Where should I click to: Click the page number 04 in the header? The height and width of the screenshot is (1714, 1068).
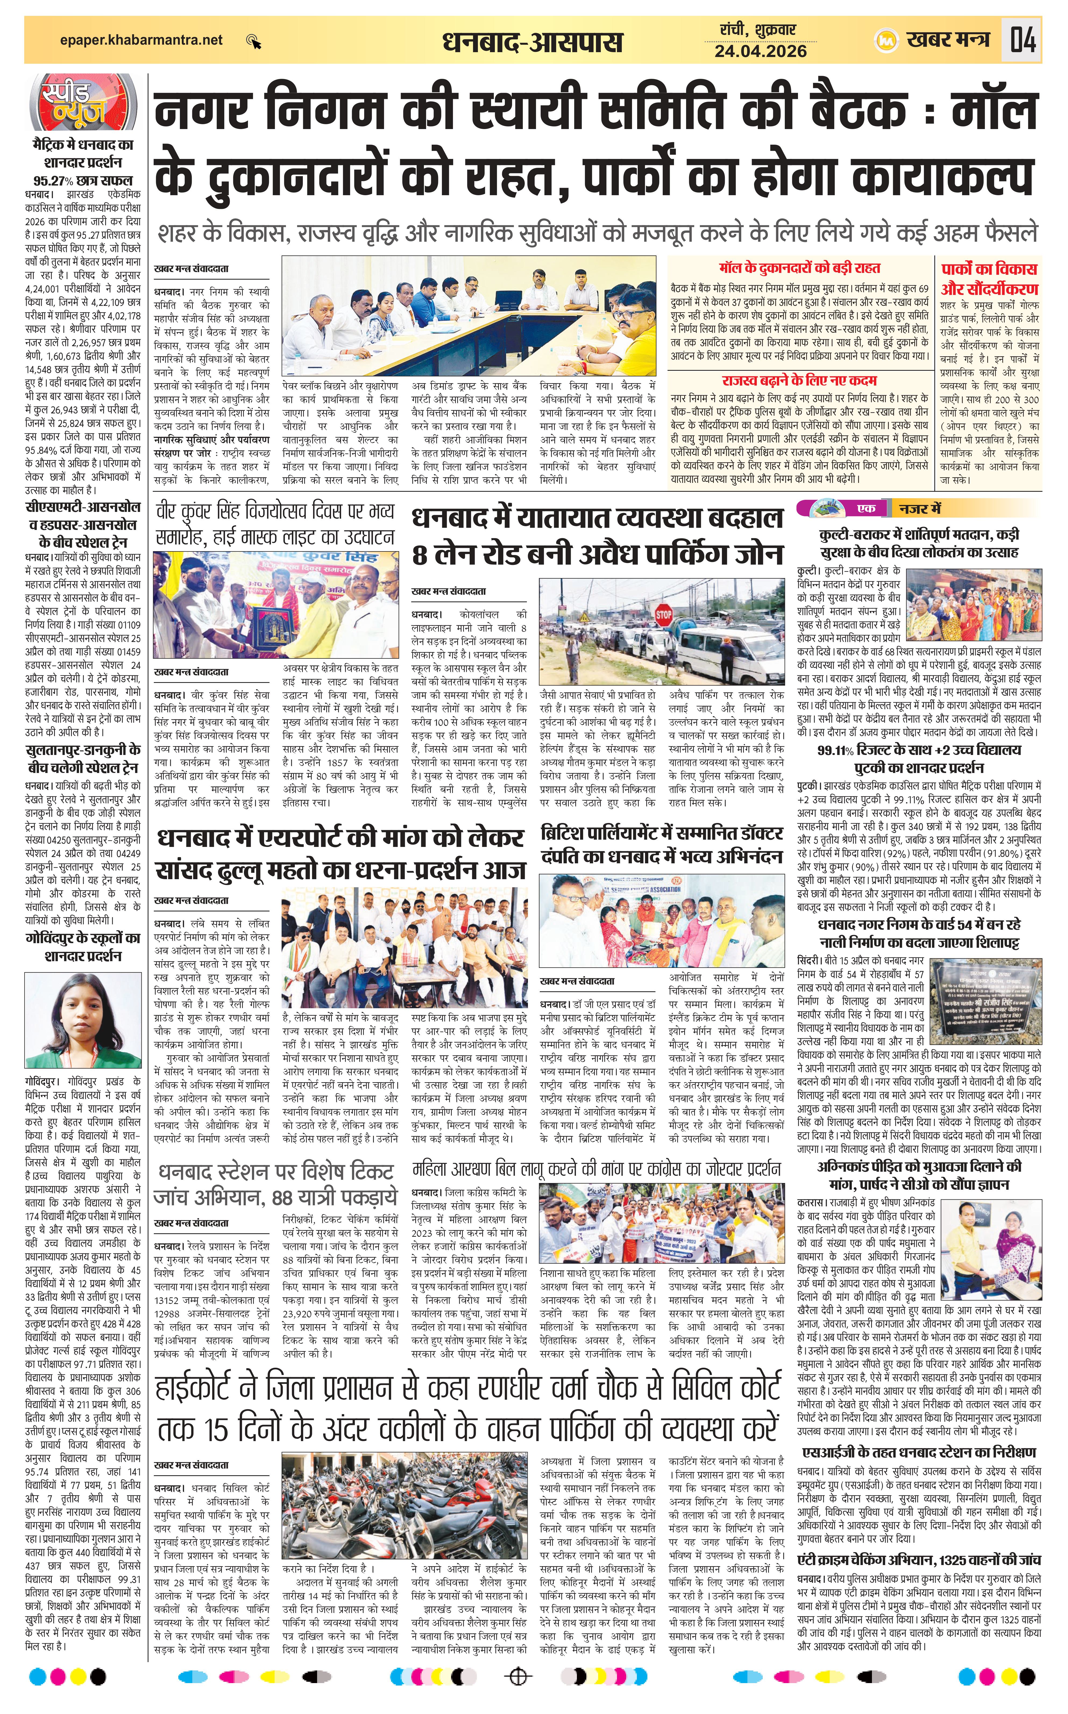click(1023, 40)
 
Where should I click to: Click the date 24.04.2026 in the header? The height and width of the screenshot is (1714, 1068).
click(760, 51)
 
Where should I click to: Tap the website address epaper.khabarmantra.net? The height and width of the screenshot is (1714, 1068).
click(141, 40)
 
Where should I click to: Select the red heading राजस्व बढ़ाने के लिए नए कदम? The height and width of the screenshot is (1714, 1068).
click(800, 380)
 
